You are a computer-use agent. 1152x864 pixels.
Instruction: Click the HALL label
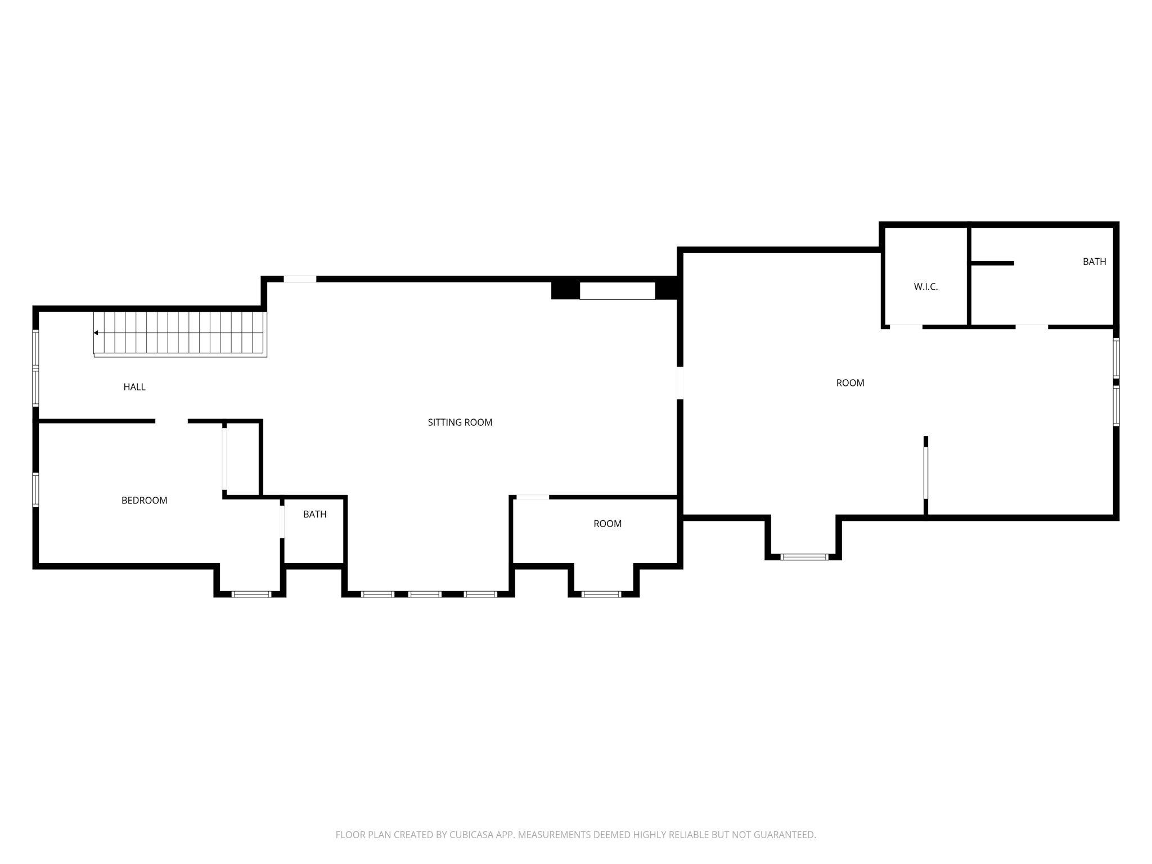point(134,387)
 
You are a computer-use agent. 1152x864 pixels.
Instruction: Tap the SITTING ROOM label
point(460,422)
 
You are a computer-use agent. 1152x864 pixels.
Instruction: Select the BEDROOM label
point(144,501)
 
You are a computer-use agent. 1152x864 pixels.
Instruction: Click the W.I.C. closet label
point(925,287)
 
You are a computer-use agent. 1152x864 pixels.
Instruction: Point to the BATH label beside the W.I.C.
point(1094,262)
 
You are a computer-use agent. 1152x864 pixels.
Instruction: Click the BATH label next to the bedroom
point(314,514)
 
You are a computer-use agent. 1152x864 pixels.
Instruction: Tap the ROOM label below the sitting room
point(607,524)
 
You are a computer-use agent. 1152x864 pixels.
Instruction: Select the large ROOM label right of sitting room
point(850,383)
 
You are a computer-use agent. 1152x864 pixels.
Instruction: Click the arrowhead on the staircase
point(96,333)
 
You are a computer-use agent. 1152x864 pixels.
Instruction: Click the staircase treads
point(180,333)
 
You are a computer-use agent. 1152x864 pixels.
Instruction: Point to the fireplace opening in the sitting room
point(617,291)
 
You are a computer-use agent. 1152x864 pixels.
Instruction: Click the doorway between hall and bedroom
point(172,421)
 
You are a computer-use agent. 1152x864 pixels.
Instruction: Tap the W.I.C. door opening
point(906,326)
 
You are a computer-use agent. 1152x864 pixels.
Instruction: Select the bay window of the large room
point(804,557)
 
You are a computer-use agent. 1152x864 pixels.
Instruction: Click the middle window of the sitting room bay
point(425,594)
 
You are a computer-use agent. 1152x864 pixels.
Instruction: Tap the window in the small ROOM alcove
point(601,594)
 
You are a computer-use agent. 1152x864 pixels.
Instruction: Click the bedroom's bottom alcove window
point(251,594)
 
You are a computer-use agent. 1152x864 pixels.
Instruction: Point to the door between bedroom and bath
point(282,521)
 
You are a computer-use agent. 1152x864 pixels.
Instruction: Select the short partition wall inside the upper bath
point(992,263)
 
